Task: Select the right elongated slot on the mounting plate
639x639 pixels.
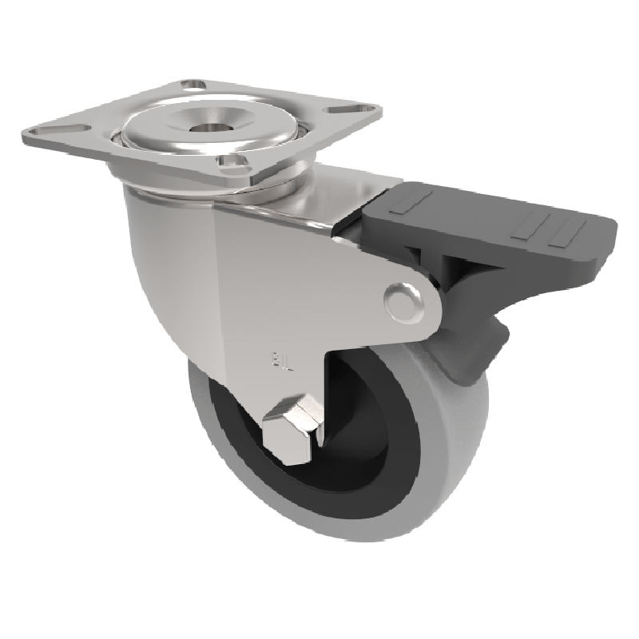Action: point(345,109)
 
